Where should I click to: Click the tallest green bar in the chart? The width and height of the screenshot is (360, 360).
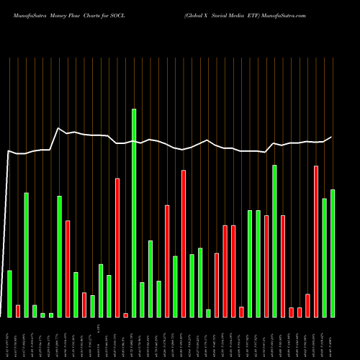[134, 212]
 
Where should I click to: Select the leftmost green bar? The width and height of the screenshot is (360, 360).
[9, 294]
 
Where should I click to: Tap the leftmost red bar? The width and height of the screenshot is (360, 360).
[18, 311]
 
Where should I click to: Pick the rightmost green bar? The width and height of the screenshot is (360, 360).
[333, 253]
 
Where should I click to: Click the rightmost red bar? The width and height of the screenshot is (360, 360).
[316, 241]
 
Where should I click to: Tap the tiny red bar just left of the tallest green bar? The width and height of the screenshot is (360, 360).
[125, 315]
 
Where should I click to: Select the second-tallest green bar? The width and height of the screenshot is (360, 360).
[274, 240]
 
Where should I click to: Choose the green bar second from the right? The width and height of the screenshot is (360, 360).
[325, 257]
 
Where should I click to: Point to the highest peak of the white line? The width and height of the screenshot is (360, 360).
[58, 128]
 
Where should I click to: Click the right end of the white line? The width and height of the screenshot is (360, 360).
[332, 137]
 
